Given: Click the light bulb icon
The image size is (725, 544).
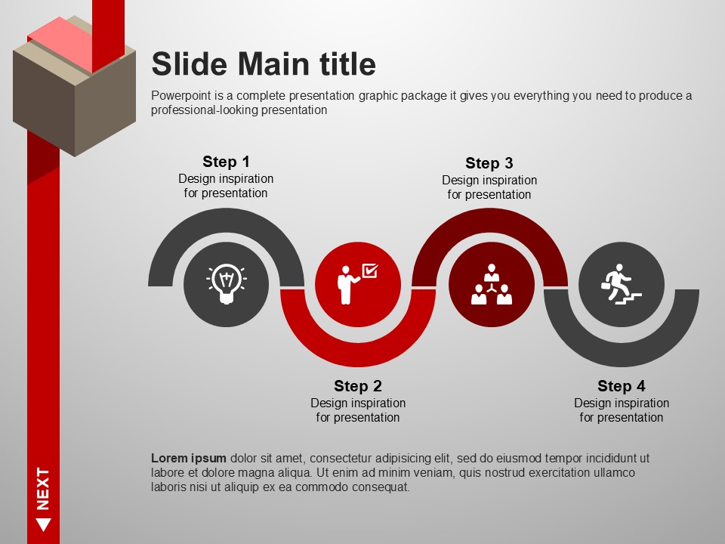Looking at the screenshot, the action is click(226, 284).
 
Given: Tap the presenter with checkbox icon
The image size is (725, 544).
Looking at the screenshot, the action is click(357, 284).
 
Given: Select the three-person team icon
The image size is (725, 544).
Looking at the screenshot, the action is click(492, 284).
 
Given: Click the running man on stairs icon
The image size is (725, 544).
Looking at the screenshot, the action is click(622, 284).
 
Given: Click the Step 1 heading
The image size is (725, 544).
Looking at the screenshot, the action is click(226, 162).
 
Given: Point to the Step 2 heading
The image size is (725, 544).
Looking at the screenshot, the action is click(358, 386).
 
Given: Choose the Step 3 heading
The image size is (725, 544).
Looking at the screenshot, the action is click(489, 163).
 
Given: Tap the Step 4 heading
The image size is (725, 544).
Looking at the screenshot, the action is click(622, 386).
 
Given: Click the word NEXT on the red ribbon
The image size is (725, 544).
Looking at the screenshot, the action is click(43, 489).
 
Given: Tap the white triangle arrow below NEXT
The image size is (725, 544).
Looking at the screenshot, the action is click(44, 524).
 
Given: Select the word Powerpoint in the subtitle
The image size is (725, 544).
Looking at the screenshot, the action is click(180, 96).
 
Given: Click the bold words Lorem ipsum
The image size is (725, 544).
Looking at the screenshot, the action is click(189, 459).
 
